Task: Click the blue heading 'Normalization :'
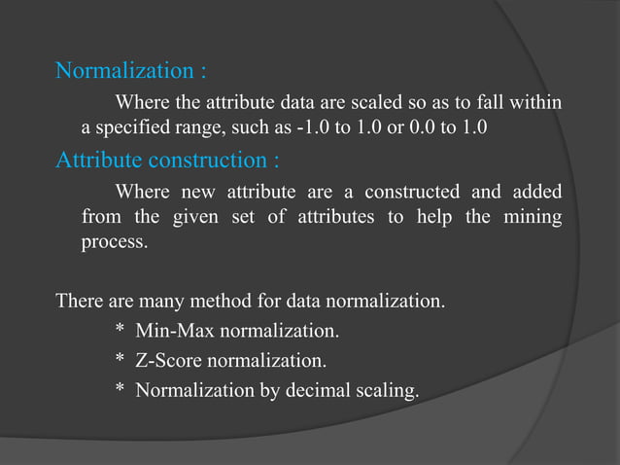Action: coord(130,71)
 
